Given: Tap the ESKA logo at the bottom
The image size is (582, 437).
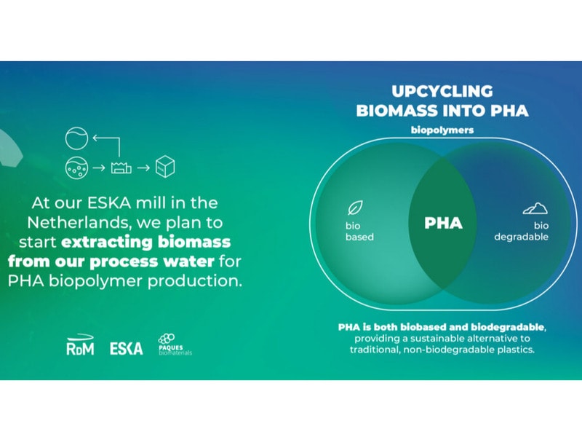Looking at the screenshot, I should point(126,347).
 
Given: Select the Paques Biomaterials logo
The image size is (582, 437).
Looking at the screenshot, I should point(175,344).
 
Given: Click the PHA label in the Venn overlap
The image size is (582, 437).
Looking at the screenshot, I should point(443,224).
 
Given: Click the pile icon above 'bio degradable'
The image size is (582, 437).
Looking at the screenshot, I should point(535,208).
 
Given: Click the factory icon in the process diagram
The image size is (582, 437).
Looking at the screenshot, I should point(121,167).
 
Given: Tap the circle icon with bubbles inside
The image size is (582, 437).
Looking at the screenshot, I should point(76,167).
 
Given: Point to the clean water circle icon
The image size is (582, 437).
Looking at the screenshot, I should point(76,137).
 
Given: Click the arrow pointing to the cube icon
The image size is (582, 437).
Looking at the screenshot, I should point(143,167).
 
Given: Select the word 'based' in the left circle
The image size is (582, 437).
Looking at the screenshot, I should point(359,237).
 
